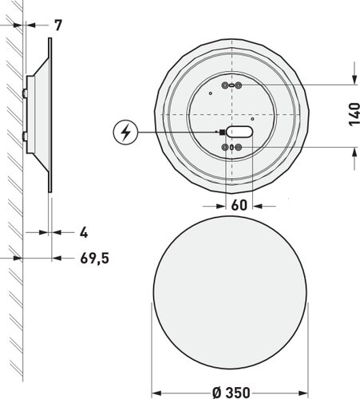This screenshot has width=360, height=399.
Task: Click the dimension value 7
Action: coord(58,26)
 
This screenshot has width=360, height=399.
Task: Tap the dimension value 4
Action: coord(84,233)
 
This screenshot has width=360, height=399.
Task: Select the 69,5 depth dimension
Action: coord(95,258)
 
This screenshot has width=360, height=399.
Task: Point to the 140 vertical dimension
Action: coord(354,114)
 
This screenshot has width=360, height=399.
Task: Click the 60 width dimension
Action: coord(239,205)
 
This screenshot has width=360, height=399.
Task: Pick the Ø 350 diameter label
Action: coord(231,393)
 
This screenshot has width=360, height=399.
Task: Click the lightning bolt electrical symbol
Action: coord(125,132)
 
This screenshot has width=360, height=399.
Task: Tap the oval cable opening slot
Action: coord(239,132)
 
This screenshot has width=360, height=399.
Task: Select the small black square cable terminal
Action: coord(222,132)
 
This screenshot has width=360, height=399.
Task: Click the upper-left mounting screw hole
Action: coord(225,85)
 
